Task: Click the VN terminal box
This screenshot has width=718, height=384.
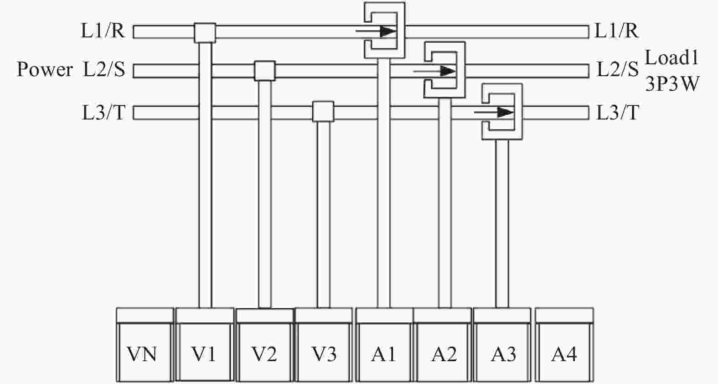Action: (145, 345)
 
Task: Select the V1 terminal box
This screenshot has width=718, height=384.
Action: (205, 345)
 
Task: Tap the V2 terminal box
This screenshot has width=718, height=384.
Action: (265, 345)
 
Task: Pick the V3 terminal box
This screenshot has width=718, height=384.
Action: (324, 345)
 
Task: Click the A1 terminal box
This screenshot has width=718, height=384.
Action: (384, 345)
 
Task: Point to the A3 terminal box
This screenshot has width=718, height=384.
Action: (502, 345)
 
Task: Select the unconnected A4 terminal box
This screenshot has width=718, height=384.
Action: (564, 345)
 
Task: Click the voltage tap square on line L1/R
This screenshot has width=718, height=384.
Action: (205, 33)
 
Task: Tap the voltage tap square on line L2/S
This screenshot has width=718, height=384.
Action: (265, 71)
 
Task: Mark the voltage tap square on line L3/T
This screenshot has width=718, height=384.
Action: (323, 112)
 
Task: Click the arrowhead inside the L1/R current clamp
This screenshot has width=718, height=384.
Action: (388, 31)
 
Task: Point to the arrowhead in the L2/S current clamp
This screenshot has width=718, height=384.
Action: (448, 71)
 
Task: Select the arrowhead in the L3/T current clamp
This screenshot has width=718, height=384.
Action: (506, 112)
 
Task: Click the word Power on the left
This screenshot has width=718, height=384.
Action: (45, 70)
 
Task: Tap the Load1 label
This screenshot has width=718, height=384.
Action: (672, 58)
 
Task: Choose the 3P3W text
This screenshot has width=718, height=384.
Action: (672, 84)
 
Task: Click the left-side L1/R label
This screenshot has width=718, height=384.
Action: (103, 31)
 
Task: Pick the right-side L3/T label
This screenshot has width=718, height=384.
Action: (617, 113)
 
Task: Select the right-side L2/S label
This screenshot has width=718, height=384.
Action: (618, 69)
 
